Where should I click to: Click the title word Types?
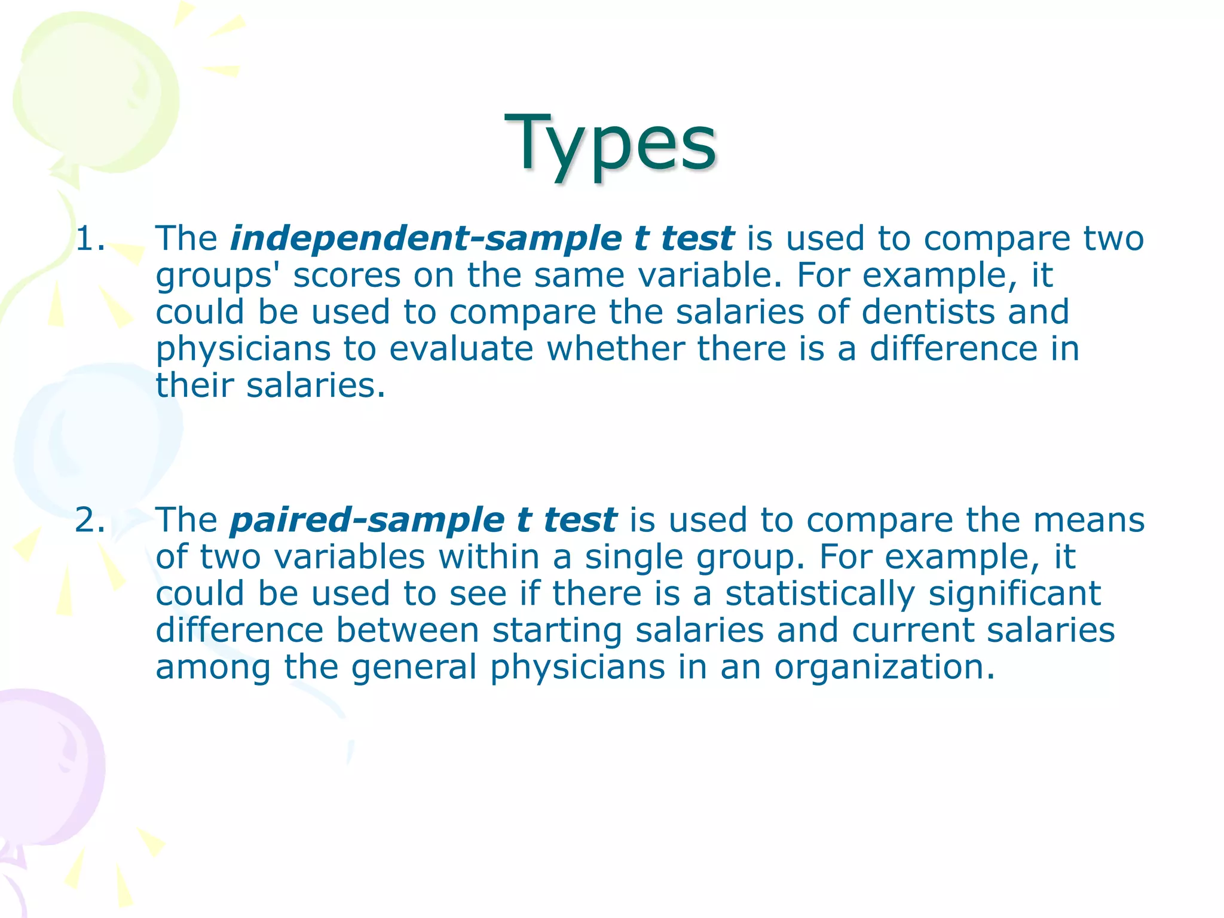610,143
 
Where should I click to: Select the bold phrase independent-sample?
426,239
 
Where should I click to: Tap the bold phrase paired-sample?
367,520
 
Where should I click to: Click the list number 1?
90,239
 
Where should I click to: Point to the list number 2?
90,520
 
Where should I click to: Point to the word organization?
884,667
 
